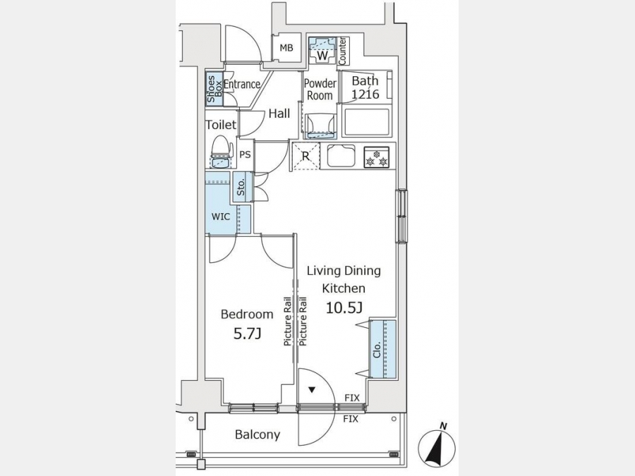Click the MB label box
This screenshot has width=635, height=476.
(286, 48)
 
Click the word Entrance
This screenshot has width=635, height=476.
(242, 85)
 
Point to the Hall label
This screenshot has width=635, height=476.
(279, 114)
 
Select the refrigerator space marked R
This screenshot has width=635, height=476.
(306, 156)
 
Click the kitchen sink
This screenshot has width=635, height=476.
(341, 155)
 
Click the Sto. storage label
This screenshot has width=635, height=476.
(241, 188)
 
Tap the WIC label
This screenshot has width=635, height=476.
(221, 217)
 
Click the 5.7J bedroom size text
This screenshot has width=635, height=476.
(247, 334)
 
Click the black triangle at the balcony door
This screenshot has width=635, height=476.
(311, 389)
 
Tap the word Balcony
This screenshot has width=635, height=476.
(258, 435)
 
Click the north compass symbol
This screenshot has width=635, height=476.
(437, 446)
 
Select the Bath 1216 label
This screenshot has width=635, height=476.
(365, 87)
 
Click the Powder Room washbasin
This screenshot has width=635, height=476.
(319, 123)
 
